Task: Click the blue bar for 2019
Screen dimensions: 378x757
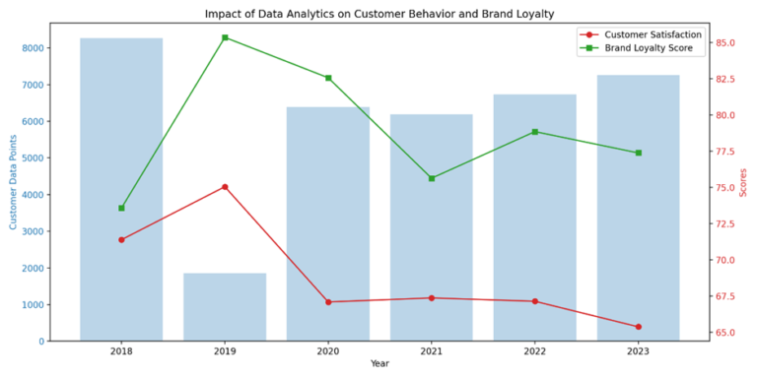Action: pos(225,307)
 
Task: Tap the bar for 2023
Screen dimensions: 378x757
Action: pos(638,208)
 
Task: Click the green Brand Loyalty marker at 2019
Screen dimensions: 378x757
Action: pos(225,37)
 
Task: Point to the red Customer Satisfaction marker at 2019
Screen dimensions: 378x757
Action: pos(225,187)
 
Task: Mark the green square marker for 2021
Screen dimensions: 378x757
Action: pos(432,178)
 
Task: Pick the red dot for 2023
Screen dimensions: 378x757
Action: pos(638,327)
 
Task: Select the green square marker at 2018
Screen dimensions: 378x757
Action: pos(121,208)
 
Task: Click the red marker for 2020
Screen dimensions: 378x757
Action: pos(328,302)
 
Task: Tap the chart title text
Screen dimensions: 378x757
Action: pos(379,14)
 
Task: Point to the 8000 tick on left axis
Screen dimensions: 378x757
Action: pos(33,48)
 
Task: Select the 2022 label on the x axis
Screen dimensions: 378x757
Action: pos(534,350)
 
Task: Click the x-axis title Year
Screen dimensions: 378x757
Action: pos(379,364)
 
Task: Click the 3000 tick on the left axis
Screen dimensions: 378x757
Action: pos(33,231)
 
